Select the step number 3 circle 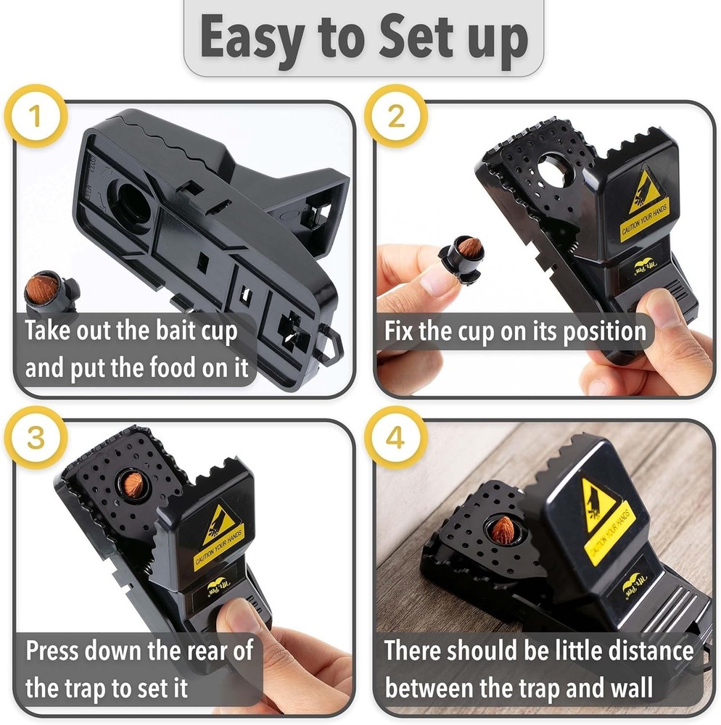pos(36,439)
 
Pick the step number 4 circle pos(395,439)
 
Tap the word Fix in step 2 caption pos(401,331)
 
